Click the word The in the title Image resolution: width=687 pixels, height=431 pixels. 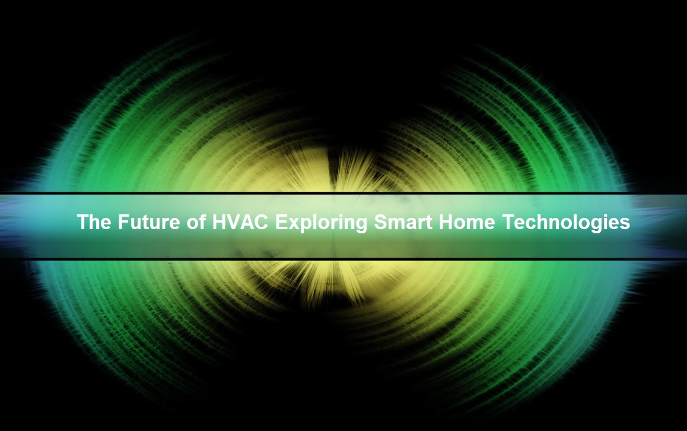tap(94, 222)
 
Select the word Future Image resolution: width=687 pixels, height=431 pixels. tap(149, 222)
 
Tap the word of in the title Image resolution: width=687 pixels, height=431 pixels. tap(196, 222)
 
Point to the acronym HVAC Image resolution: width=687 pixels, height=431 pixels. tap(240, 222)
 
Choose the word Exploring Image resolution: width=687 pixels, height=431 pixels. tap(321, 223)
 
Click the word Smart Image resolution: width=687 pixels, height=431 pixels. tap(403, 222)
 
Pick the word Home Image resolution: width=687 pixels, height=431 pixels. tap(467, 222)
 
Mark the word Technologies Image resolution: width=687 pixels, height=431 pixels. tap(566, 223)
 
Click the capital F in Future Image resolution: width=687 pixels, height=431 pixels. tap(123, 222)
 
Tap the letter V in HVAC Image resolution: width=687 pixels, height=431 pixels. tap(233, 222)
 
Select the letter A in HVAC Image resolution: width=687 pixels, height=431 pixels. tap(247, 222)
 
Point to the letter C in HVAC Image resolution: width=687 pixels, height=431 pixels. tap(262, 222)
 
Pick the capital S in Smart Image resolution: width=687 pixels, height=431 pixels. tap(381, 222)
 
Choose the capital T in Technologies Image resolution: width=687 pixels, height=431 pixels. tap(508, 222)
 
